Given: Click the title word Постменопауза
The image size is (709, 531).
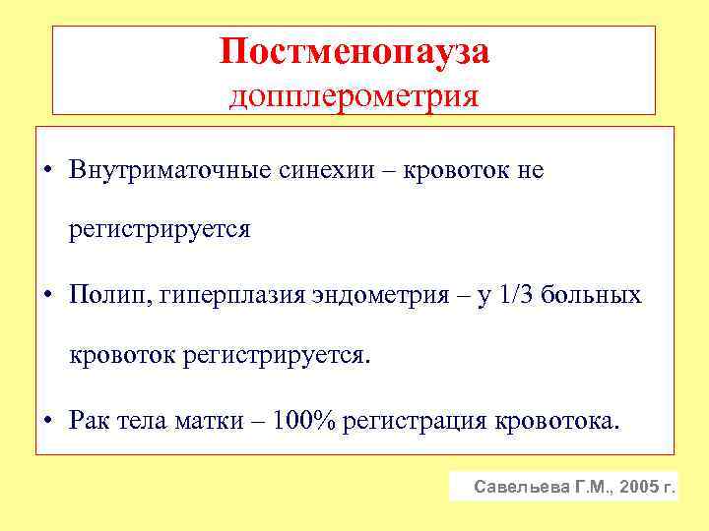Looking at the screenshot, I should tap(354, 52).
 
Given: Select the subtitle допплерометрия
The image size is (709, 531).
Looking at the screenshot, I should tap(354, 96).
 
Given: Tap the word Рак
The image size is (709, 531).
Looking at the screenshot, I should tap(86, 422).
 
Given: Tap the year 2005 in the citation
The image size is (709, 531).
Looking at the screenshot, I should tap(637, 487).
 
